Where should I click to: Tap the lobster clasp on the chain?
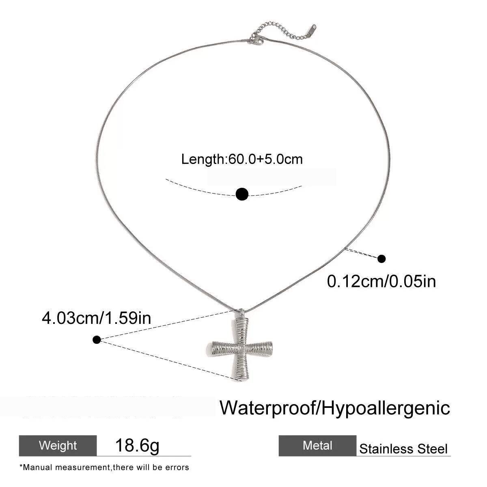(256, 40)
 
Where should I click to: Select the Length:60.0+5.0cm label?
(242, 159)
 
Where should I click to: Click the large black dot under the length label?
(242, 194)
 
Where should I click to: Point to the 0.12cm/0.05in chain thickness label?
(381, 281)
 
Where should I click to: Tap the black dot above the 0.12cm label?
(381, 259)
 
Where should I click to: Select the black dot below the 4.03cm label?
(97, 340)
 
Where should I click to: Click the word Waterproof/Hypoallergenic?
(335, 407)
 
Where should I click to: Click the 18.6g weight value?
(137, 446)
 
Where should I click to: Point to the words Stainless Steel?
(403, 449)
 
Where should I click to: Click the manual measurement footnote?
(104, 467)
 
